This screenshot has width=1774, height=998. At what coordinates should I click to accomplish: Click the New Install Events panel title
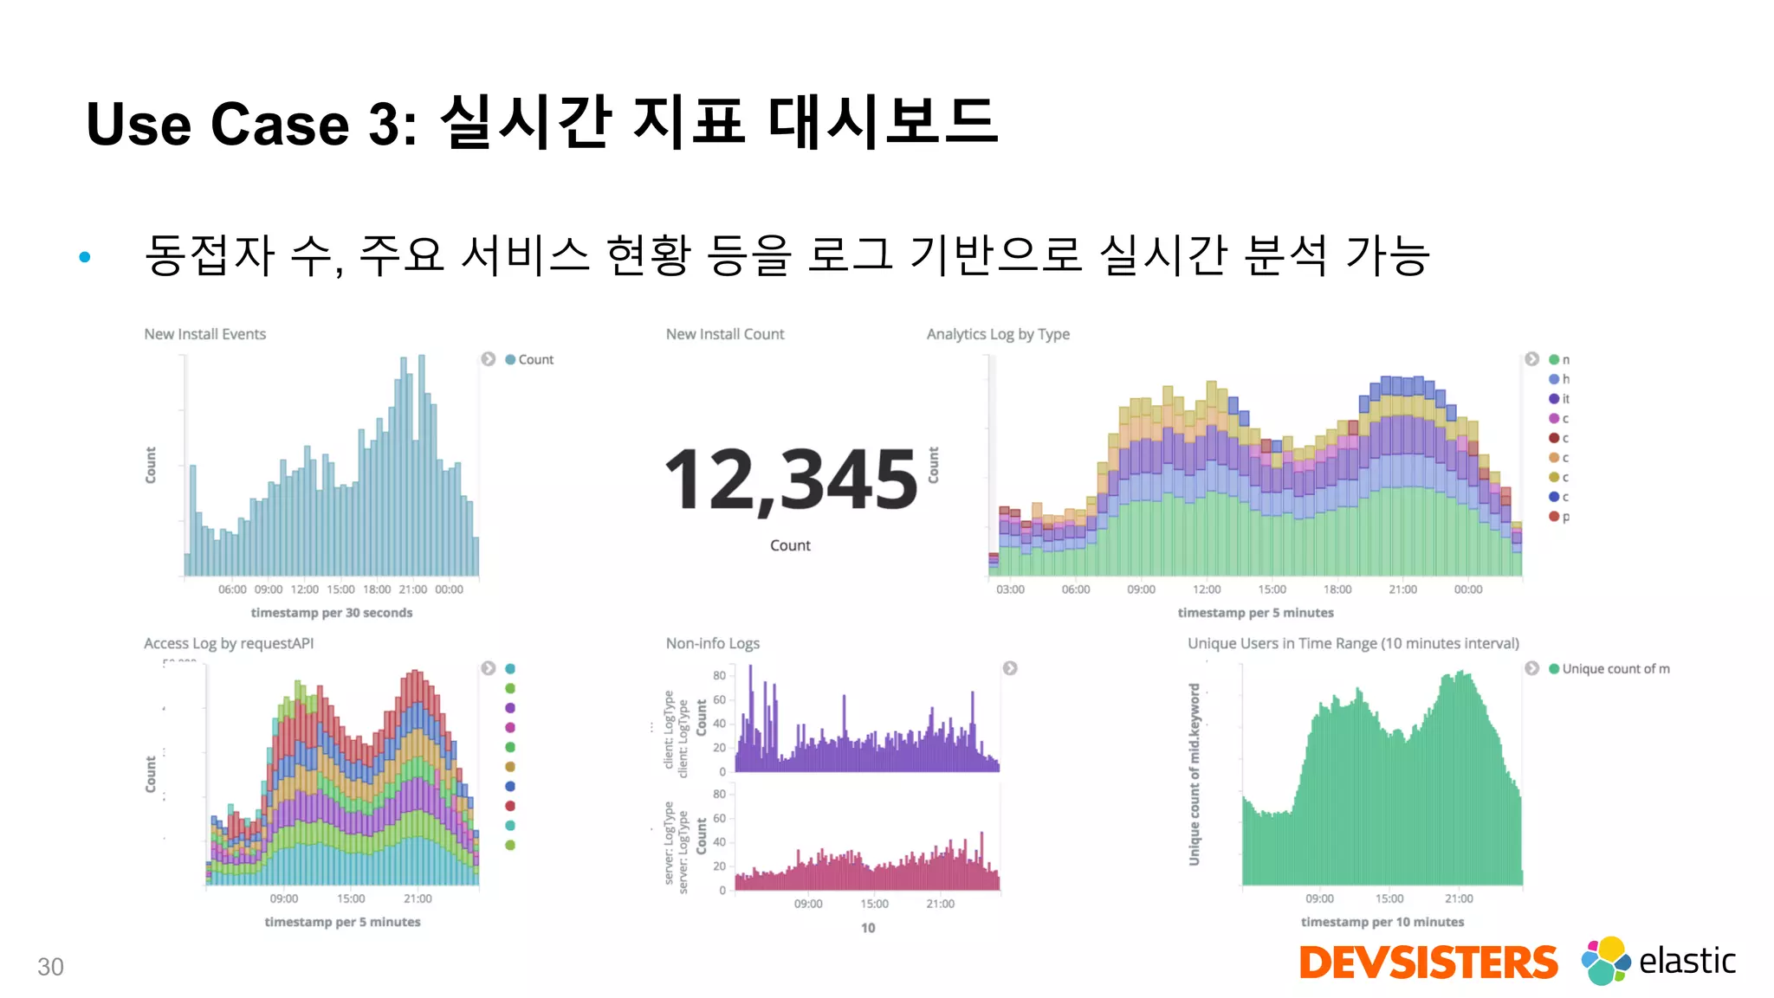coord(204,334)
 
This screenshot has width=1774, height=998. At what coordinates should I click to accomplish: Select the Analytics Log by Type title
coord(998,334)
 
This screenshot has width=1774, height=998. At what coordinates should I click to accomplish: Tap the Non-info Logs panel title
coord(712,643)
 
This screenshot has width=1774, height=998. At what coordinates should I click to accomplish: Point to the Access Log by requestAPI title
coord(229,643)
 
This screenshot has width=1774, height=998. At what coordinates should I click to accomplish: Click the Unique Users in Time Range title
coord(1353,643)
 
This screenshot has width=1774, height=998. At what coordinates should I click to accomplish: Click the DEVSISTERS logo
coord(1428,963)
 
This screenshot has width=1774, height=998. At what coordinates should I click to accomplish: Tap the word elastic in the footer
coord(1687,961)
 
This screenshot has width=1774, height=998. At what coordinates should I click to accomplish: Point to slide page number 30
coord(50,967)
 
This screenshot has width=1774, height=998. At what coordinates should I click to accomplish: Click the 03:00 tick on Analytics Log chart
coord(1010,589)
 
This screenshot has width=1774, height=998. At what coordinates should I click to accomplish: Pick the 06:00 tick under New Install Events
coord(232,589)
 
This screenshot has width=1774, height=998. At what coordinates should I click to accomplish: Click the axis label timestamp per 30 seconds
coord(332,613)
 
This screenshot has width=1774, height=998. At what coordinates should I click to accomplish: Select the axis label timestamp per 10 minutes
coord(1382,922)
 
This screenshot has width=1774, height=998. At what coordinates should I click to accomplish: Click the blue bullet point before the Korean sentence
coord(85,256)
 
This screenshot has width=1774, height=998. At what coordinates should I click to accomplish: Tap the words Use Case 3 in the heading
coord(251,124)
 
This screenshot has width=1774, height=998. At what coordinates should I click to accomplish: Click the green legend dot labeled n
coord(1554,359)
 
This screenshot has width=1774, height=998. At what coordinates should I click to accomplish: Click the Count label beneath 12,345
coord(790,545)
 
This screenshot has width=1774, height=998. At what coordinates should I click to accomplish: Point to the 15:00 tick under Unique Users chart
coord(1389,898)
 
